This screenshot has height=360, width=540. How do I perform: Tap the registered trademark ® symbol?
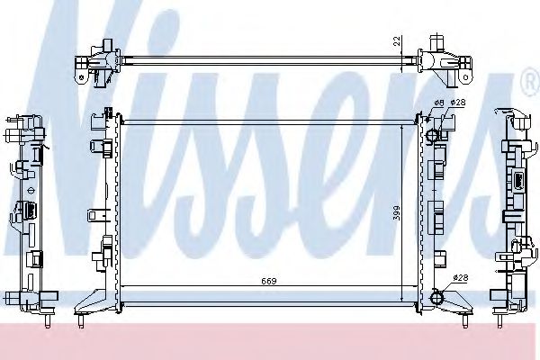[528, 84]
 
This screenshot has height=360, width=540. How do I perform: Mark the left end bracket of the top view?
[96, 60]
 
